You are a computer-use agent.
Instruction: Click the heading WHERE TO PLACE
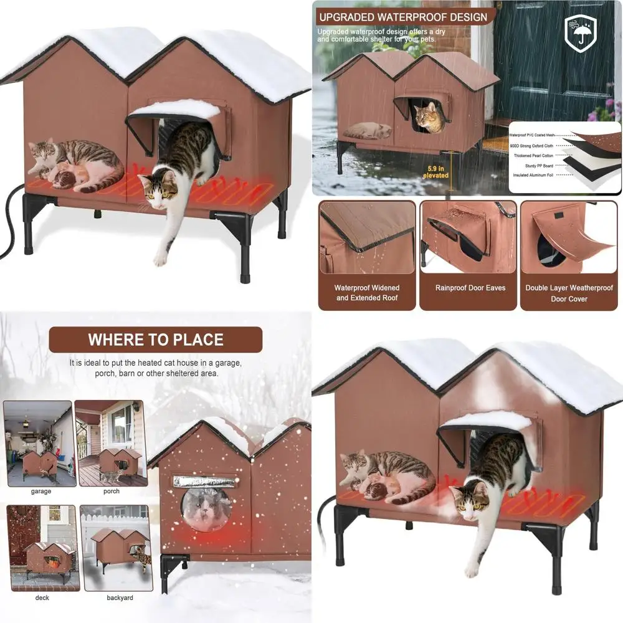tap(156, 340)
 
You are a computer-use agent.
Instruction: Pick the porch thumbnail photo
tap(112, 443)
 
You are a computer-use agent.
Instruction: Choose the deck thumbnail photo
tap(42, 548)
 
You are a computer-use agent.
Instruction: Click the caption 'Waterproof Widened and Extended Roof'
tap(367, 293)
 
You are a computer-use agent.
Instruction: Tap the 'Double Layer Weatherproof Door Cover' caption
tap(569, 293)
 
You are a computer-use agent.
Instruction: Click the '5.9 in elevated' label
tap(435, 171)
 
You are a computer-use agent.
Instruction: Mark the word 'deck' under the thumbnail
tap(42, 598)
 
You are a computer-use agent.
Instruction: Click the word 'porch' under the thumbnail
tap(112, 492)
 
